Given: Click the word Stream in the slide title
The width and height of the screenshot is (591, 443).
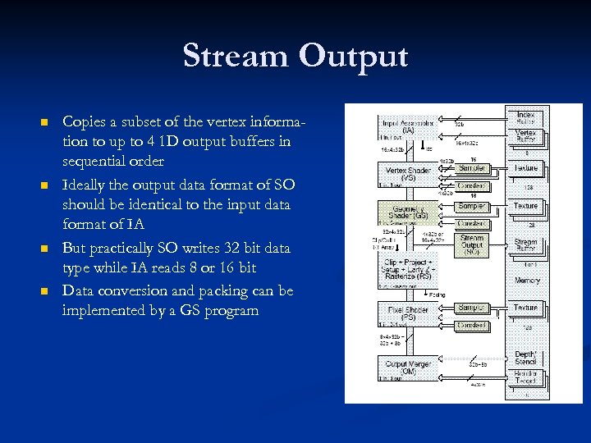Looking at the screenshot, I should coord(236,56).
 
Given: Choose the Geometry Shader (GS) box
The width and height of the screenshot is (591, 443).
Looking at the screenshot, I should coord(408,211).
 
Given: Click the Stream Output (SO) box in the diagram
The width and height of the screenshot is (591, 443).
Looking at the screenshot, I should coord(472,244).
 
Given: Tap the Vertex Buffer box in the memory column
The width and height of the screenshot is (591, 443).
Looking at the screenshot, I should coord(526,136).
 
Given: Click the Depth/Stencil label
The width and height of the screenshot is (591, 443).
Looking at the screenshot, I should coord(526,358).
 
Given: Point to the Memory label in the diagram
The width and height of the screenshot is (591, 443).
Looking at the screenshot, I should coord(527,281).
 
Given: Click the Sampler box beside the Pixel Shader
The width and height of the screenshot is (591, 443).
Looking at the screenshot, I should coord(472,308).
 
